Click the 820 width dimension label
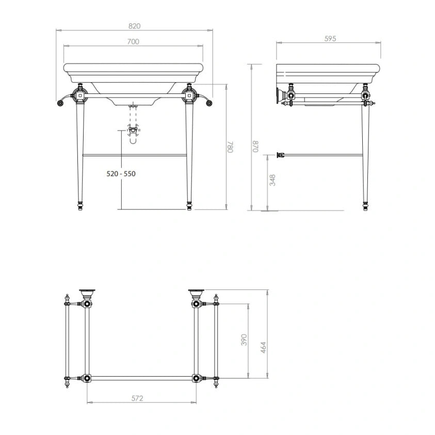pyautogui.click(x=134, y=26)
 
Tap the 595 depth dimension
pyautogui.click(x=328, y=38)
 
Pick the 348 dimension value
pyautogui.click(x=272, y=180)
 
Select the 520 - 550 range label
pyautogui.click(x=121, y=174)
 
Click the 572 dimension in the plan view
pyautogui.click(x=137, y=398)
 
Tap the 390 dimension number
pyautogui.click(x=244, y=340)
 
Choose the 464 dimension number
pyautogui.click(x=263, y=347)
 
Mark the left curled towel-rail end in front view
pyautogui.click(x=60, y=103)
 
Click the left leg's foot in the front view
pyautogui.click(x=80, y=206)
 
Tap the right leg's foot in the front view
pyautogui.click(x=189, y=206)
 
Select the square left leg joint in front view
pyautogui.click(x=80, y=95)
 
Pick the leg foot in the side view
pyautogui.click(x=365, y=206)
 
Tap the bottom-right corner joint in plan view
pyautogui.click(x=196, y=378)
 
